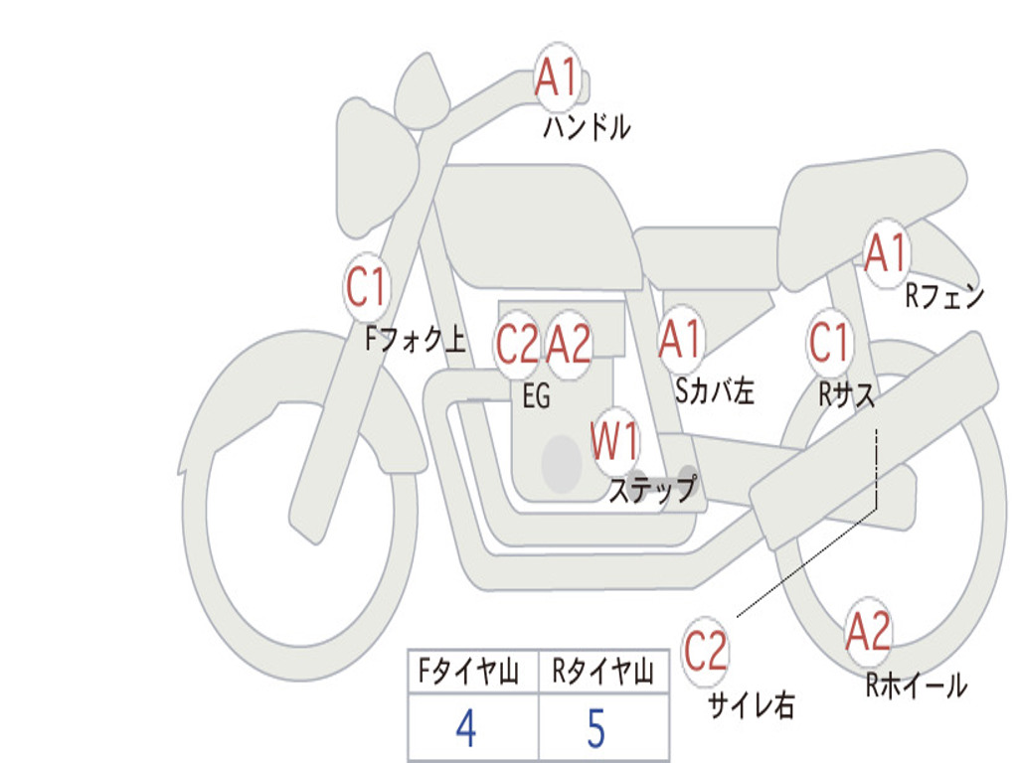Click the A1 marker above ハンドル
[557, 77]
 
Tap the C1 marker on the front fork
[366, 288]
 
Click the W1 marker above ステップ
[615, 440]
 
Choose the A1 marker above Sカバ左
[681, 339]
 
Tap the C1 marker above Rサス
[828, 343]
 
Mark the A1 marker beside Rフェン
[885, 253]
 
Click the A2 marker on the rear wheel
[868, 632]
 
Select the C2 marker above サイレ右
[706, 651]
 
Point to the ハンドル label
[587, 127]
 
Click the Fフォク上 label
[415, 341]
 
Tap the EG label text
[536, 397]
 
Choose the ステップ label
[652, 490]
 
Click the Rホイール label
[916, 685]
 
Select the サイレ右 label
[751, 705]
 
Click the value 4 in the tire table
[465, 729]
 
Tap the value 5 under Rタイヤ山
[595, 729]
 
